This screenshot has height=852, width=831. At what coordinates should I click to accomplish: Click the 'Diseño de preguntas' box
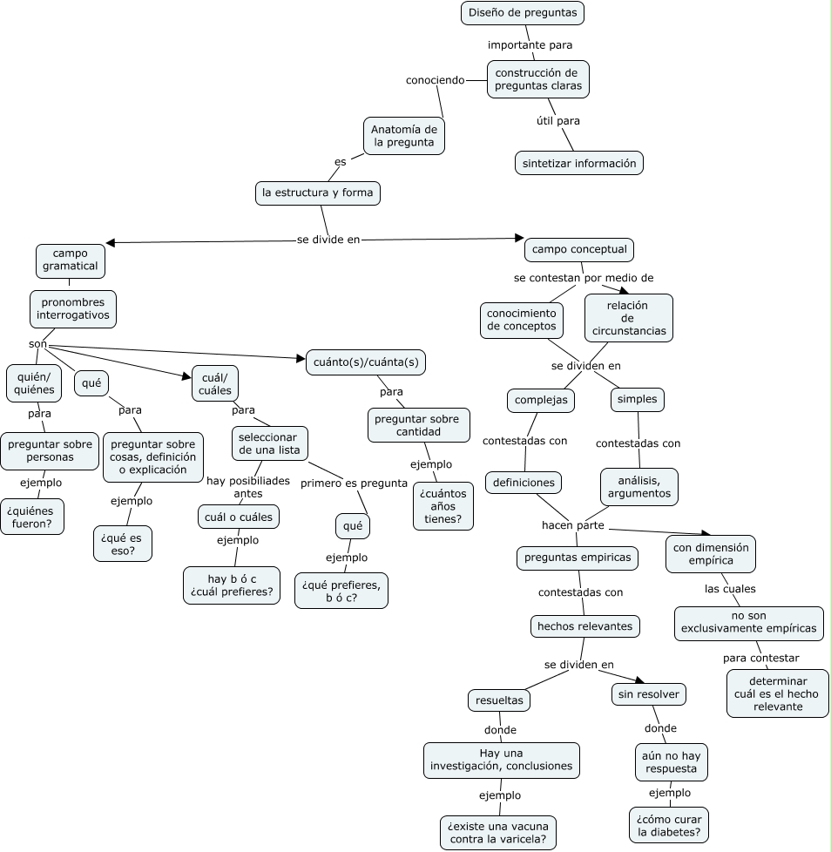522,13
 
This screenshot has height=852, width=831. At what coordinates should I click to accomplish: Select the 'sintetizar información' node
578,163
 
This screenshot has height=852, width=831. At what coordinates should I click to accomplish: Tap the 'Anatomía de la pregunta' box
403,136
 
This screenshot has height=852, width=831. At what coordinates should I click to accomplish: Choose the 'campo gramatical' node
70,260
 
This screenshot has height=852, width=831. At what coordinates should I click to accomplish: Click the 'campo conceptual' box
579,250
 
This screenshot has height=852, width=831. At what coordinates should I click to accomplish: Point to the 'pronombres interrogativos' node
73,308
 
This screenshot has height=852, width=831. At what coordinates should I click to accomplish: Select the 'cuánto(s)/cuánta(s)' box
366,362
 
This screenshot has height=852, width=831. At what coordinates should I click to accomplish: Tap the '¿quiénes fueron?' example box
32,517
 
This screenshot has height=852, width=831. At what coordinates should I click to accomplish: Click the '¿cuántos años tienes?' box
443,505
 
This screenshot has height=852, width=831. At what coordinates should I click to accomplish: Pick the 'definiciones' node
524,482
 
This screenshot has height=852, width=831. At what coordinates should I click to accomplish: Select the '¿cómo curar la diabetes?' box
668,825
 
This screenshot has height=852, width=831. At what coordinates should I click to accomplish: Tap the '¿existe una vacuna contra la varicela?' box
498,833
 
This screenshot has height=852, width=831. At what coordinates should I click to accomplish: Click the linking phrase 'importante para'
530,44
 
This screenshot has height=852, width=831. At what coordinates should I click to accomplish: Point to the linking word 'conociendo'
436,80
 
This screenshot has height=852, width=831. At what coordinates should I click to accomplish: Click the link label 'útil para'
558,120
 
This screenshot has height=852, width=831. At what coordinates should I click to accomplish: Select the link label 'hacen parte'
573,524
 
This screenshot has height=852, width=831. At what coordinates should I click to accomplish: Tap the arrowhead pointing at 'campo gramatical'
110,243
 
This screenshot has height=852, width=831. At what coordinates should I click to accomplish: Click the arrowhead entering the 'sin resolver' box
639,681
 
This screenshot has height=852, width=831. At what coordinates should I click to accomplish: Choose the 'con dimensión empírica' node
711,554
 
